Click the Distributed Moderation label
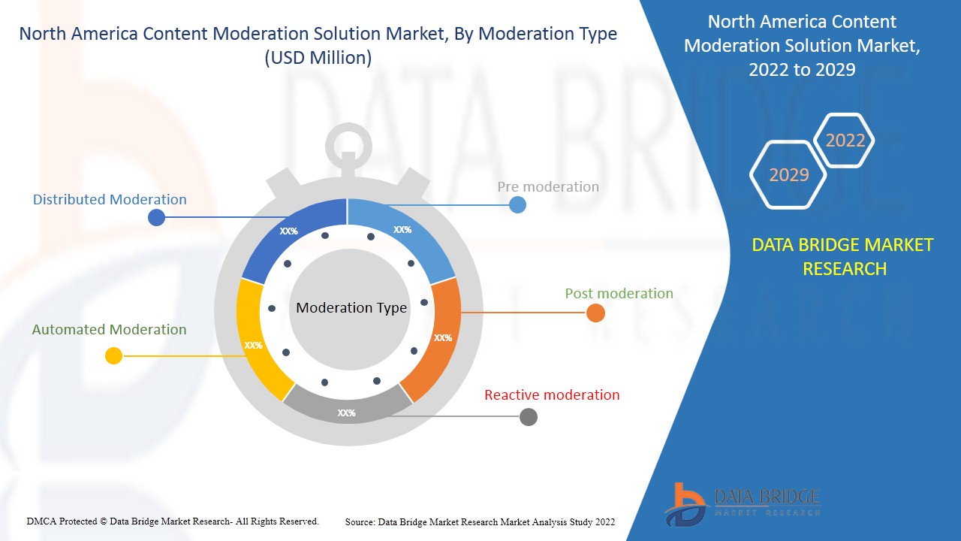tap(110, 200)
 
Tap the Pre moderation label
tap(548, 187)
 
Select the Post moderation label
tap(619, 294)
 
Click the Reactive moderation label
tap(552, 395)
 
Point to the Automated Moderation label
tap(109, 330)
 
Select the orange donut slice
tap(435, 338)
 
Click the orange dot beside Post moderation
tap(595, 313)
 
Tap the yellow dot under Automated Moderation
tap(113, 355)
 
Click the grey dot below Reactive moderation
tap(529, 417)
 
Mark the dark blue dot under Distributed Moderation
tap(156, 218)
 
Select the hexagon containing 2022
tap(845, 141)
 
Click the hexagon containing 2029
tap(788, 175)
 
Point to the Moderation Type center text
tap(351, 308)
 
